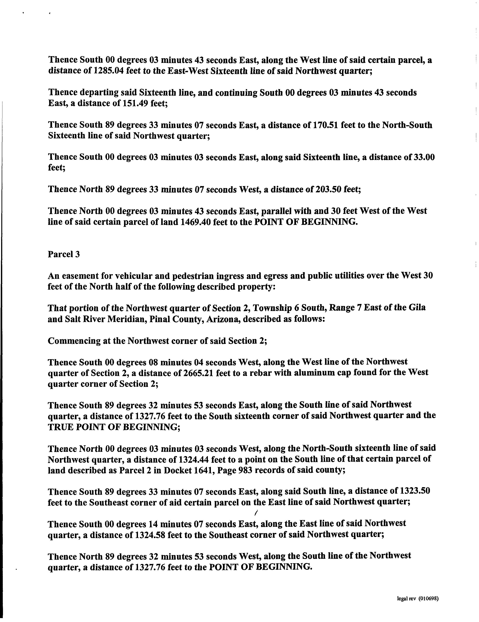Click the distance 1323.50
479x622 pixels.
point(415,491)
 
